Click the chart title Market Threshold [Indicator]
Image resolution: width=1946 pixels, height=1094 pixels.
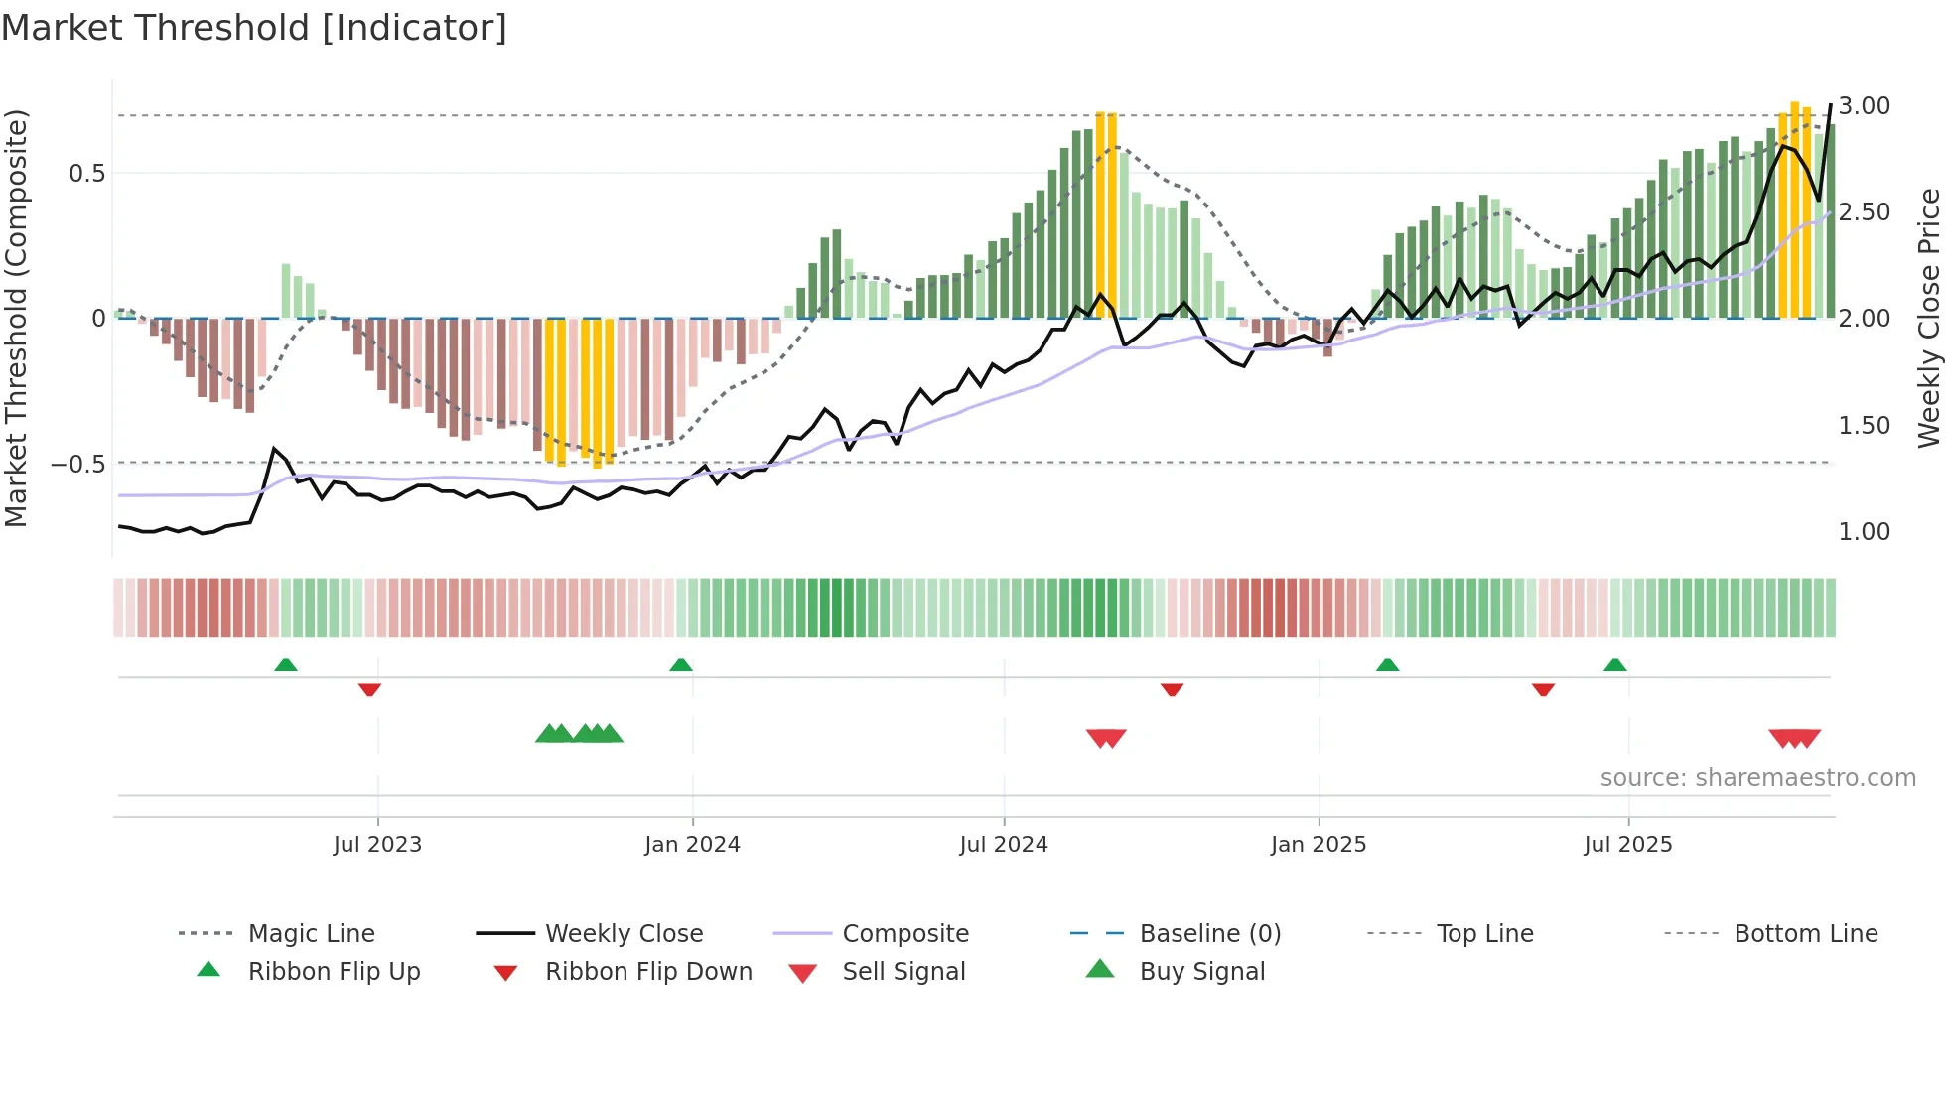point(254,28)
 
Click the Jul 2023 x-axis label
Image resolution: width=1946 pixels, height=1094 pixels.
point(377,845)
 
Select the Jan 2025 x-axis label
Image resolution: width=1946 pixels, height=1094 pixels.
point(1319,845)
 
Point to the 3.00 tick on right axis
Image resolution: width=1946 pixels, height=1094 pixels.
point(1864,106)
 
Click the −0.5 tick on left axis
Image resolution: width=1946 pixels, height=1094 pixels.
point(78,465)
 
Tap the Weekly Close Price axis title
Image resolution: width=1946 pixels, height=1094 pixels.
point(1928,318)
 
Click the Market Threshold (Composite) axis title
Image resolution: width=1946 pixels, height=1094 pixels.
point(16,318)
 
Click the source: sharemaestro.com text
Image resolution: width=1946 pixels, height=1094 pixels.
point(1757,778)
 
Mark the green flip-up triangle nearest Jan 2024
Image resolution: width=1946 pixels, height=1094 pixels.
point(681,665)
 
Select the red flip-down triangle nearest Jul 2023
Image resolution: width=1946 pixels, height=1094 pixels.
point(369,689)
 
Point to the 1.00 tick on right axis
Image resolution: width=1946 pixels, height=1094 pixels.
point(1864,532)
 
